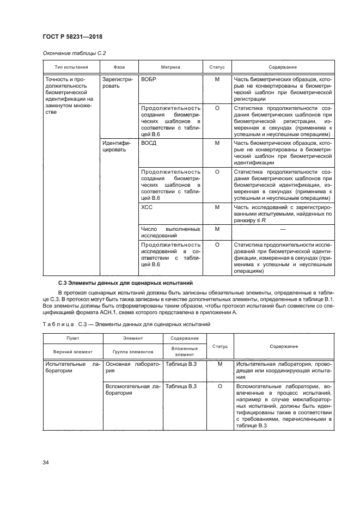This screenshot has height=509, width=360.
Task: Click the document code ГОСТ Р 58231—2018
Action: (x=72, y=36)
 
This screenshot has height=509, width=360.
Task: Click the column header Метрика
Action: (x=170, y=67)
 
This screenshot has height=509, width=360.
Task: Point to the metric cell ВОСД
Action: (x=149, y=143)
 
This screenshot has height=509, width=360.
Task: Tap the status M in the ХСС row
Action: (x=217, y=207)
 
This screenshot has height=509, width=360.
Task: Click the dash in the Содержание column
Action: (x=283, y=229)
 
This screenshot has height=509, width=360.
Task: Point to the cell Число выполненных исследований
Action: (x=170, y=232)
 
